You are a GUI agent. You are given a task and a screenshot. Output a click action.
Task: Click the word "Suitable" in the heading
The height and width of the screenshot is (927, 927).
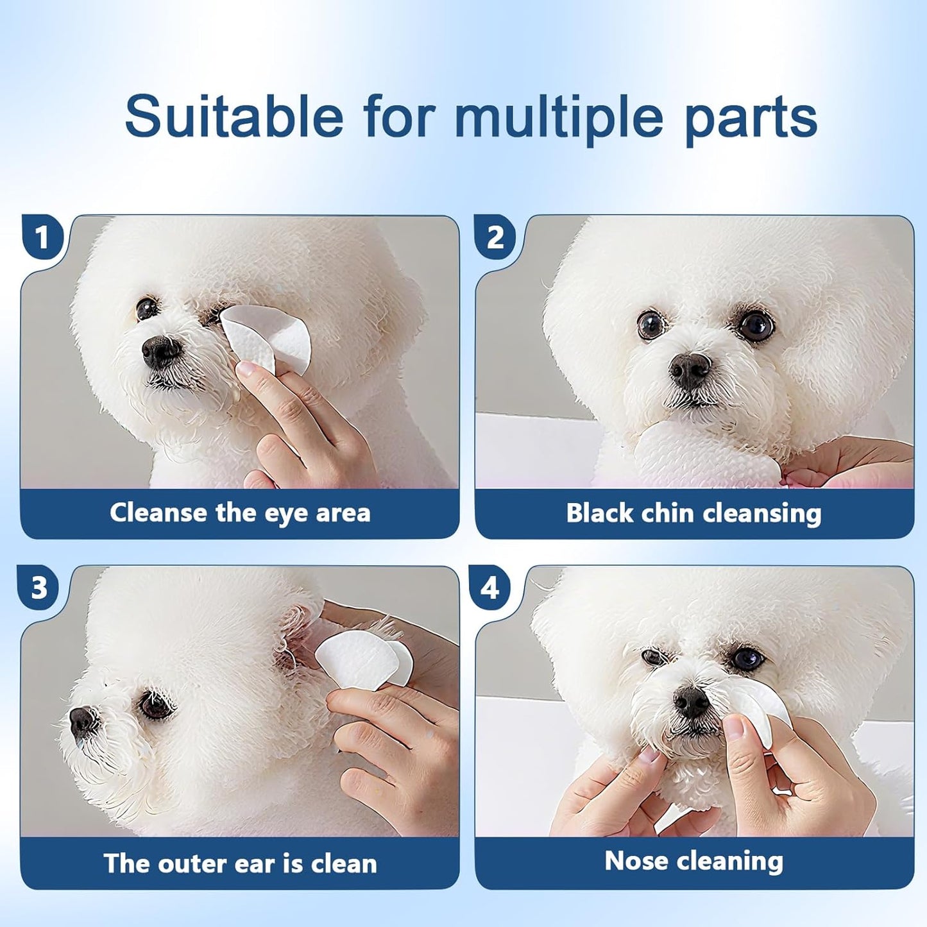tap(234, 116)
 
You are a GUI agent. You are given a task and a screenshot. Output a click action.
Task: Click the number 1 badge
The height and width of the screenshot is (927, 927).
tap(43, 237)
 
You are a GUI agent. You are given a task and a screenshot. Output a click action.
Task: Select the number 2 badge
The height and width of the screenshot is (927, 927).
tap(495, 237)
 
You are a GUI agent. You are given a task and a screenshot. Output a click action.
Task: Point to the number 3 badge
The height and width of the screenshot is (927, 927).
tap(39, 588)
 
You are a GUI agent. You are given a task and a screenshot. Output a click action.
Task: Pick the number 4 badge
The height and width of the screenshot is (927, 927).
tap(490, 588)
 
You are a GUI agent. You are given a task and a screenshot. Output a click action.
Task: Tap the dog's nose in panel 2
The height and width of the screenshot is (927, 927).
tap(690, 371)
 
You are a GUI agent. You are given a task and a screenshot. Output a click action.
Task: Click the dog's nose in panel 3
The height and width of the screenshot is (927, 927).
tap(81, 722)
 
